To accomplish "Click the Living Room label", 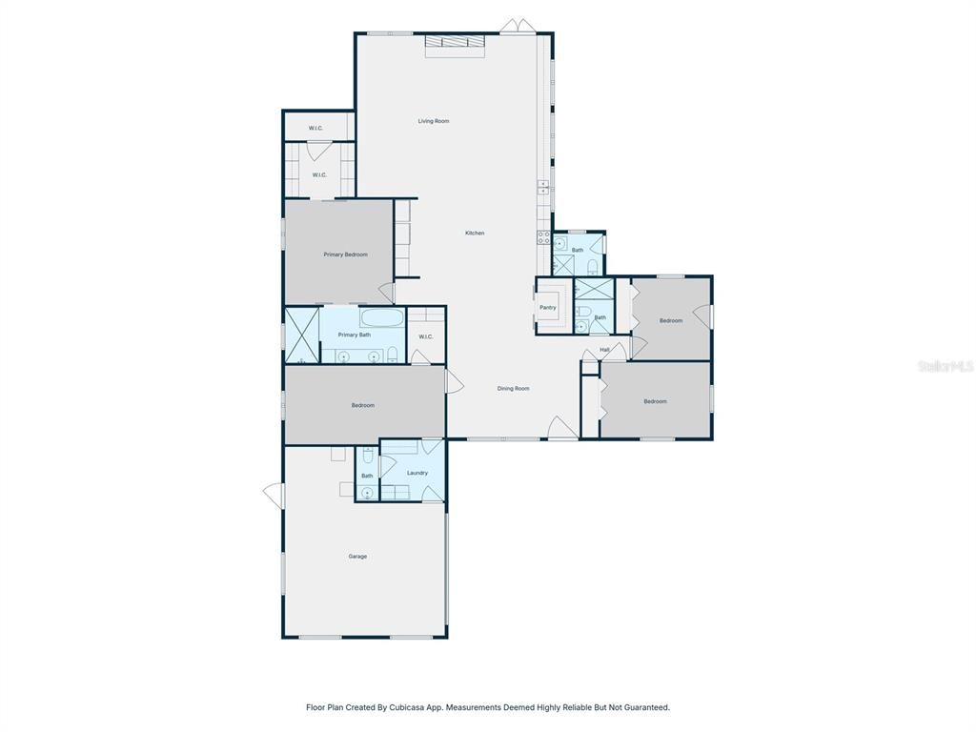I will point(434,121).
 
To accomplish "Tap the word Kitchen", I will point(475,234).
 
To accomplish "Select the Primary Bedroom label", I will point(345,254).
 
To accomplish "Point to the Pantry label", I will point(548,308).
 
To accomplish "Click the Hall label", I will point(604,350).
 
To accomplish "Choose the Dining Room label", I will point(513,388).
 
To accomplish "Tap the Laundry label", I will point(417,473).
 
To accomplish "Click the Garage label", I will point(357,557).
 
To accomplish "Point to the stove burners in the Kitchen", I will point(543,237).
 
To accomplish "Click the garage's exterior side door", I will point(273,494).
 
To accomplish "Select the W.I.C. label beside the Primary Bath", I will point(425,336).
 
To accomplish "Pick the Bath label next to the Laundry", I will point(367,476).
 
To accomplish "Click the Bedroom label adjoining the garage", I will point(362,405).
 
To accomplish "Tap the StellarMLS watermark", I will point(945,366).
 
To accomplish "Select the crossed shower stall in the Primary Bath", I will point(301,335).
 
